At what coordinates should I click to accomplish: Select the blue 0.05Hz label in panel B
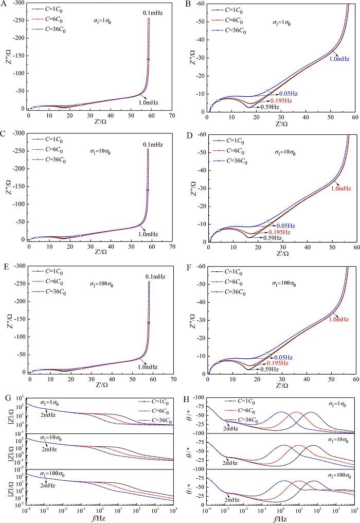point(288,94)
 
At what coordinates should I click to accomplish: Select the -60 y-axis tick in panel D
point(199,135)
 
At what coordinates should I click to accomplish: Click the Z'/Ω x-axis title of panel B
point(281,124)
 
